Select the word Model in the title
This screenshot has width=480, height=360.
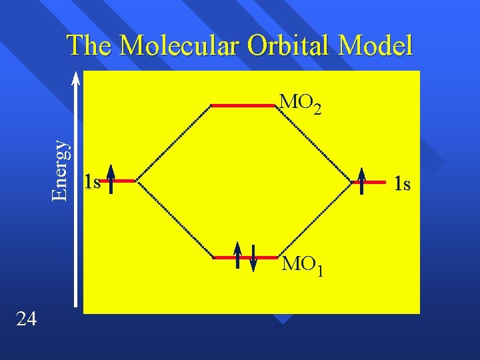(x=375, y=45)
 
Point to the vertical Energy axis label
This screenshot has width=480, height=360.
(x=61, y=169)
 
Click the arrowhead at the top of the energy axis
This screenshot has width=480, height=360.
(x=76, y=77)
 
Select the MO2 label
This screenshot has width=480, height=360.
(x=301, y=103)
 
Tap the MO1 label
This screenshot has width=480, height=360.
(x=303, y=265)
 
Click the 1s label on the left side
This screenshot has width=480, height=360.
(x=93, y=182)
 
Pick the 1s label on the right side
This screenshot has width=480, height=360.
(x=402, y=183)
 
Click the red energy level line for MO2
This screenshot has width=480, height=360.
(x=243, y=105)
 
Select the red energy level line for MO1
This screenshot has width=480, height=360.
(x=243, y=257)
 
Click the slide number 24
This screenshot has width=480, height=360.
(x=26, y=319)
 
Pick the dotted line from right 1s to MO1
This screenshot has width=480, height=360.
(x=314, y=218)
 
